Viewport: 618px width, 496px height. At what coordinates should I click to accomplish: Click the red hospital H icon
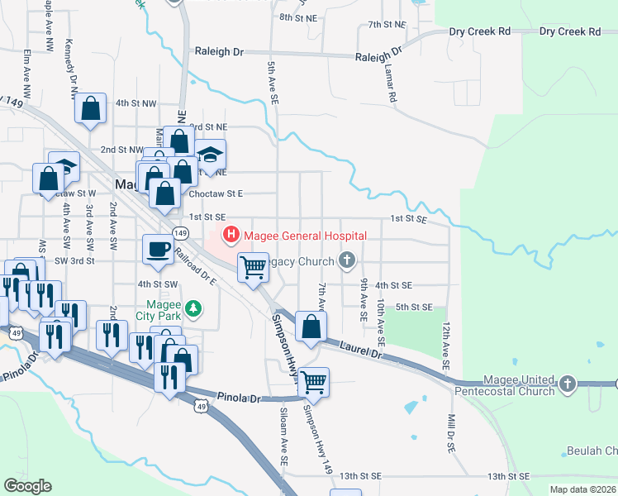pyautogui.click(x=231, y=236)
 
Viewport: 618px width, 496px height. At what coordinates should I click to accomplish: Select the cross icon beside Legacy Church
pyautogui.click(x=347, y=261)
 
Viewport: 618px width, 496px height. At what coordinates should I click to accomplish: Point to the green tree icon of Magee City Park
pyautogui.click(x=193, y=309)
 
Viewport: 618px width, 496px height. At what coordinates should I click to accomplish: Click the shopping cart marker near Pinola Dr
pyautogui.click(x=314, y=381)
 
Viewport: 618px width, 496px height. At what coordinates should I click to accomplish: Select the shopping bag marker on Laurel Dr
pyautogui.click(x=311, y=326)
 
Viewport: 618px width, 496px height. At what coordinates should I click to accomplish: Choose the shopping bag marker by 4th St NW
pyautogui.click(x=91, y=107)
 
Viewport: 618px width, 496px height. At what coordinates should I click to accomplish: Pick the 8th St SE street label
pyautogui.click(x=298, y=17)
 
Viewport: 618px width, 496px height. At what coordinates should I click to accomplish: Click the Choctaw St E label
pyautogui.click(x=216, y=193)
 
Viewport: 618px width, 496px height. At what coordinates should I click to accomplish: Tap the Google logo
pyautogui.click(x=27, y=485)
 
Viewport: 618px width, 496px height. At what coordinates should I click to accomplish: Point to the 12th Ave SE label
pyautogui.click(x=446, y=346)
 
